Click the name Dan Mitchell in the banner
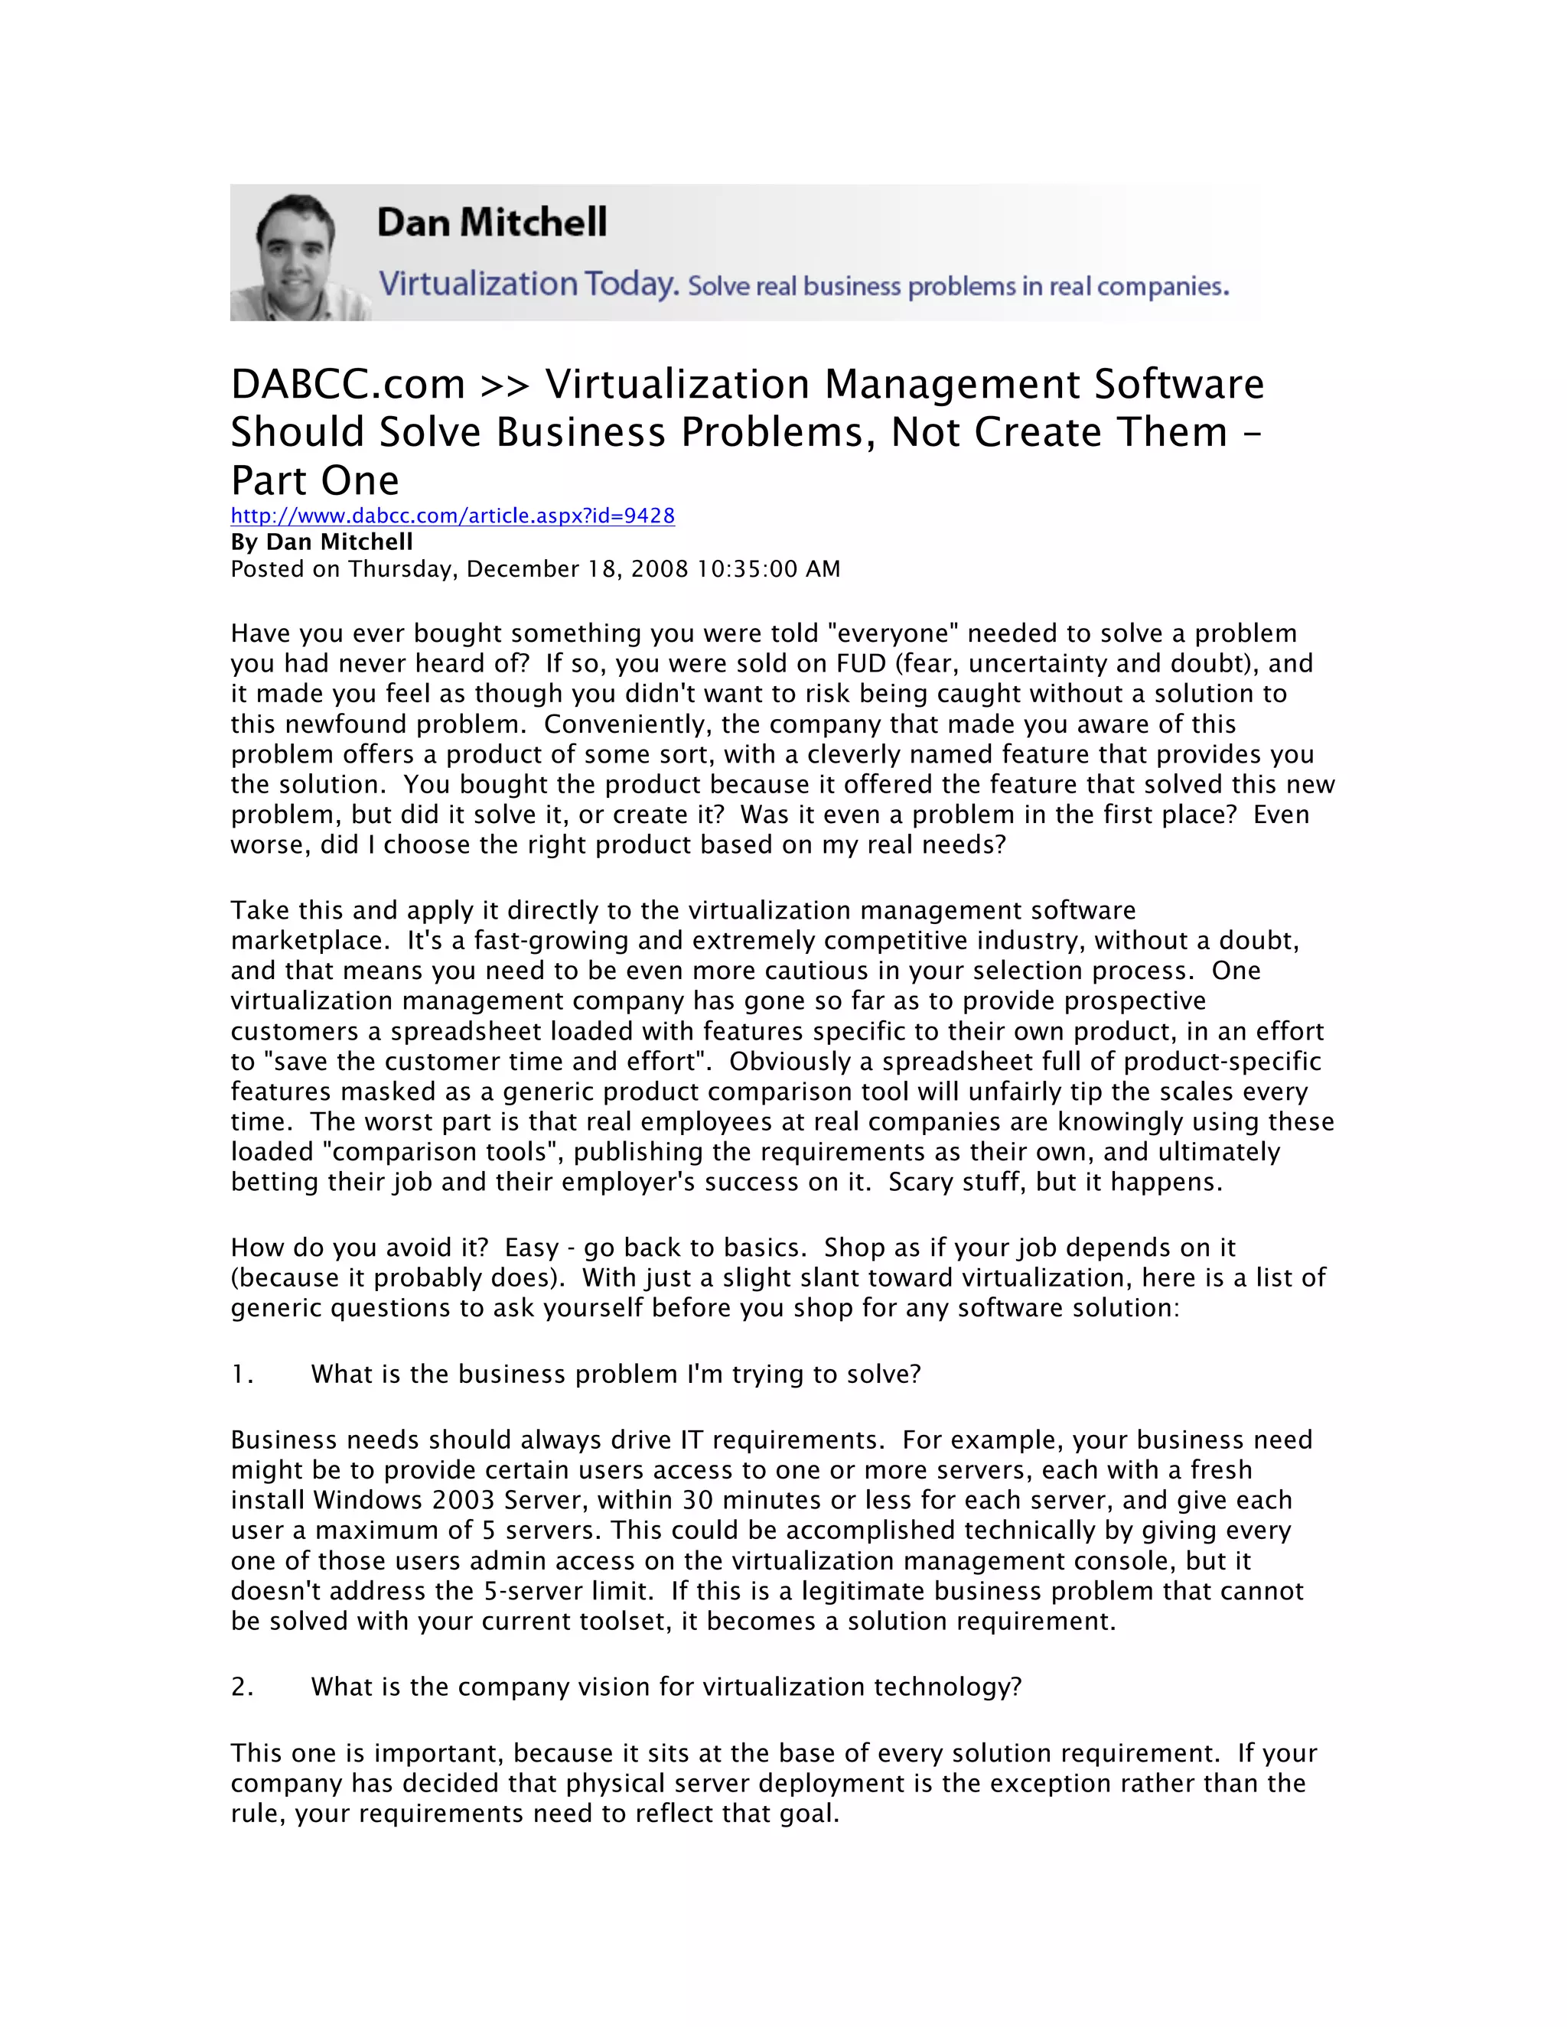491,223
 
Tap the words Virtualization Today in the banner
527,283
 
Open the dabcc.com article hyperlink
452,516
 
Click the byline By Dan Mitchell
321,542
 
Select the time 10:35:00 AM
769,569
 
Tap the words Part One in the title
314,481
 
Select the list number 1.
240,1375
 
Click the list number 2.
241,1687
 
